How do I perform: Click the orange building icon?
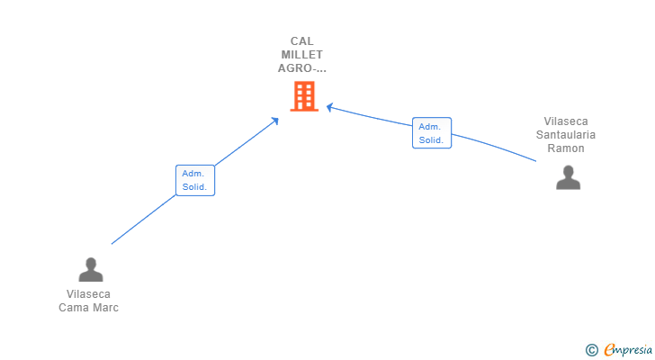(304, 96)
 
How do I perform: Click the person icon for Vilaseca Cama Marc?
(91, 269)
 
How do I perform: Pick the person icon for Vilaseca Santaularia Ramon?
(568, 177)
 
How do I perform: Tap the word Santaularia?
(566, 135)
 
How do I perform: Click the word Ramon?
(566, 148)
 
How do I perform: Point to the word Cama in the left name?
(74, 308)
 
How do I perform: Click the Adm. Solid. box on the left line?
(194, 180)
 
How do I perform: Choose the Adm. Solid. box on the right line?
(432, 133)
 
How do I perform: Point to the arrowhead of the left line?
(276, 119)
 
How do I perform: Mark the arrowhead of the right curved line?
(329, 107)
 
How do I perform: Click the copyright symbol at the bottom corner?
(591, 349)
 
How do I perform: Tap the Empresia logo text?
(627, 349)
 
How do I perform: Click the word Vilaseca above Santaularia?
(566, 121)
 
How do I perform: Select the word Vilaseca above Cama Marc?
(88, 294)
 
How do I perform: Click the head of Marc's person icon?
(91, 263)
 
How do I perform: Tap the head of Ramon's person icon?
(568, 171)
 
